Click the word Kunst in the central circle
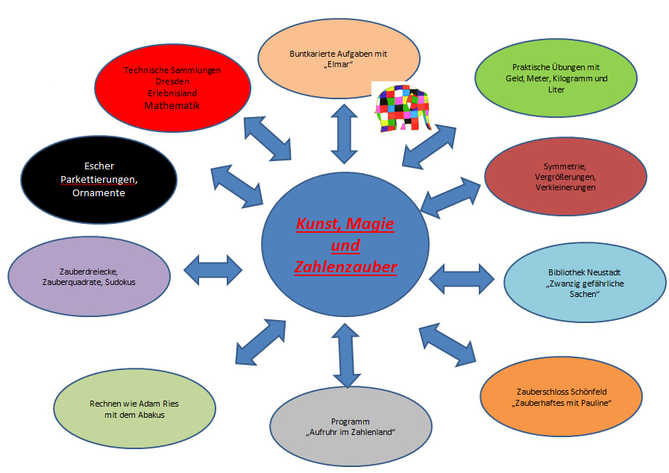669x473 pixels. [318, 224]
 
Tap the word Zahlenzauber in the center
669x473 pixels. [345, 267]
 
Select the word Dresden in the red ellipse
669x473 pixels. [172, 81]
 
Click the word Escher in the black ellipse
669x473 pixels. [99, 166]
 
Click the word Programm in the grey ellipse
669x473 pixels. [351, 422]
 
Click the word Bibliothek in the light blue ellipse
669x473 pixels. [546, 273]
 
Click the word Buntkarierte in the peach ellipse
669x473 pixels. [315, 54]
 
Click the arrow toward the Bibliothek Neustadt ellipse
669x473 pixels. [462, 278]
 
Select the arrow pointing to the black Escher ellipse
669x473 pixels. [238, 184]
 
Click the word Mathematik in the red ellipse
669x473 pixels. [172, 106]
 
